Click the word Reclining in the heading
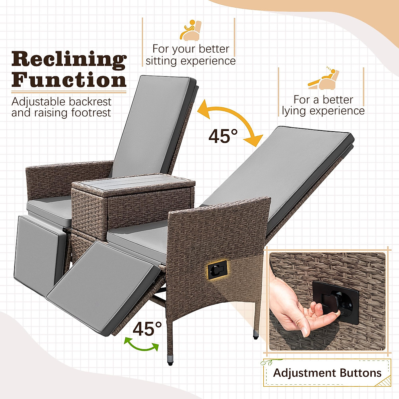(69, 60)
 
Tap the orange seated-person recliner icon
(191, 31)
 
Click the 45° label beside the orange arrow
(223, 136)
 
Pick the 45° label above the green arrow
(147, 329)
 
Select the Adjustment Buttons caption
(327, 373)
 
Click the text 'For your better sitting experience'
(191, 55)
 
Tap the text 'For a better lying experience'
(323, 105)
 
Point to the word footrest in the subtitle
(91, 113)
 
